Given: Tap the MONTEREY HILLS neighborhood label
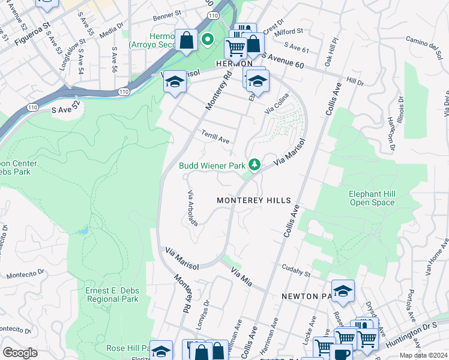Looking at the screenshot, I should (253, 200).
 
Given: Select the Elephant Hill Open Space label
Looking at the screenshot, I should (372, 198).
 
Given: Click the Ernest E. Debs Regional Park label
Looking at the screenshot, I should (112, 295).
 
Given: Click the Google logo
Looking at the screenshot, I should (20, 352).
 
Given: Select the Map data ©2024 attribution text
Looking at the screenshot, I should (423, 355).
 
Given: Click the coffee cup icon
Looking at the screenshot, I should (343, 352).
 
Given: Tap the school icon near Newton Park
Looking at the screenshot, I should (343, 291).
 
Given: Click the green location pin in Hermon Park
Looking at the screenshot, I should (208, 40).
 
